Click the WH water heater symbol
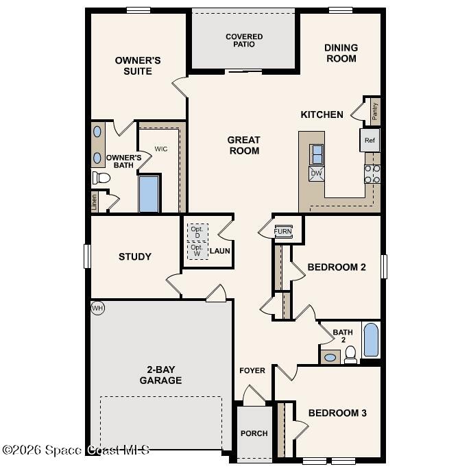97,309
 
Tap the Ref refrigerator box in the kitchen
370,141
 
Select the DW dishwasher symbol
317,173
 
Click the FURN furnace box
282,232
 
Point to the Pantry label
374,110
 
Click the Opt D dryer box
197,232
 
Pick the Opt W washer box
197,251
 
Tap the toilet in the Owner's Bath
101,178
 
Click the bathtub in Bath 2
371,340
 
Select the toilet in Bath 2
350,354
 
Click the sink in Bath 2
330,357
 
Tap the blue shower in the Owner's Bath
149,194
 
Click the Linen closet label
95,202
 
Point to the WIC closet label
161,148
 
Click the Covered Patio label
244,40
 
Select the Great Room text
244,145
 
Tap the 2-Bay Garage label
160,374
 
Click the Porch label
254,433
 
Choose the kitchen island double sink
317,154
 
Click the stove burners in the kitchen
372,174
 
